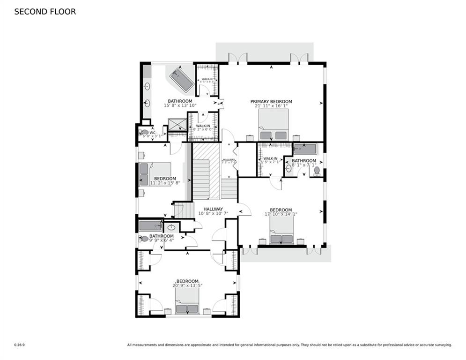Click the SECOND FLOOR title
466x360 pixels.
(45, 12)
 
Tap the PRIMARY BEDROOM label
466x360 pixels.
(271, 102)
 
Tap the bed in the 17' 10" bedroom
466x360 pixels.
(281, 232)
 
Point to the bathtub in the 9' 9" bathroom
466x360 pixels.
(150, 225)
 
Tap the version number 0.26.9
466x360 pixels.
(19, 345)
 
